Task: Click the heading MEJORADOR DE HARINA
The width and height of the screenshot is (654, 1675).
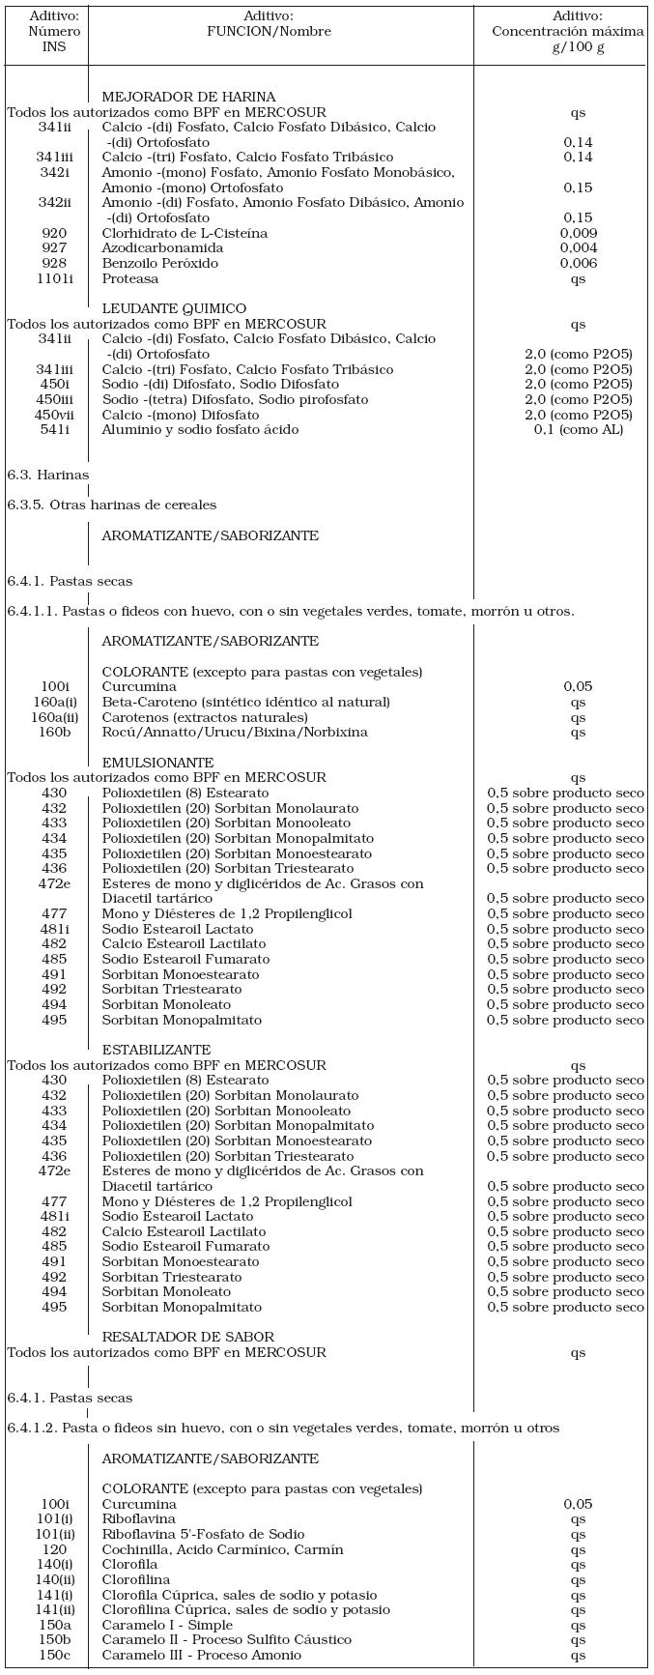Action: pyautogui.click(x=188, y=97)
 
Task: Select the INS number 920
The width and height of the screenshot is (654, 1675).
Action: pyautogui.click(x=54, y=233)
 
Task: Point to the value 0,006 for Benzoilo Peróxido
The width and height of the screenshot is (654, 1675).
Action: pyautogui.click(x=578, y=263)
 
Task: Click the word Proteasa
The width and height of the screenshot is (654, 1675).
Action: pyautogui.click(x=130, y=278)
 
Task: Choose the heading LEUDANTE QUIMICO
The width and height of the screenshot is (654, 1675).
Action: pyautogui.click(x=174, y=308)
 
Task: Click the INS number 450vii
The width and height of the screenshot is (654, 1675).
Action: pyautogui.click(x=54, y=415)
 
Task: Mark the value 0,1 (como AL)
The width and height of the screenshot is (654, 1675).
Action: pyautogui.click(x=578, y=429)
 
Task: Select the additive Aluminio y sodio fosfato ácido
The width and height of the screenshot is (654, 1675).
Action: pyautogui.click(x=200, y=429)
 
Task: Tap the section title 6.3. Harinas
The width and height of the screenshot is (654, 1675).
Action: pyautogui.click(x=47, y=475)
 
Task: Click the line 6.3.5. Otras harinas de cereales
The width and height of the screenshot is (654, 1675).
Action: pyautogui.click(x=111, y=505)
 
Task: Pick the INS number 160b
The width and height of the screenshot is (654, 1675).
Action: pyautogui.click(x=54, y=732)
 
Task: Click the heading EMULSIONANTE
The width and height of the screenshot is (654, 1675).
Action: pyautogui.click(x=157, y=763)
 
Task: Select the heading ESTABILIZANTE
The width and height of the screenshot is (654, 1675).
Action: pyautogui.click(x=156, y=1050)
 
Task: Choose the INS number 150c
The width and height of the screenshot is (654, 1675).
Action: pyautogui.click(x=54, y=1655)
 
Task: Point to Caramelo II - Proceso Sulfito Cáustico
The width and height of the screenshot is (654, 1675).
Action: pyautogui.click(x=227, y=1639)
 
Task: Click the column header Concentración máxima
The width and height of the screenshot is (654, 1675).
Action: pyautogui.click(x=568, y=31)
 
